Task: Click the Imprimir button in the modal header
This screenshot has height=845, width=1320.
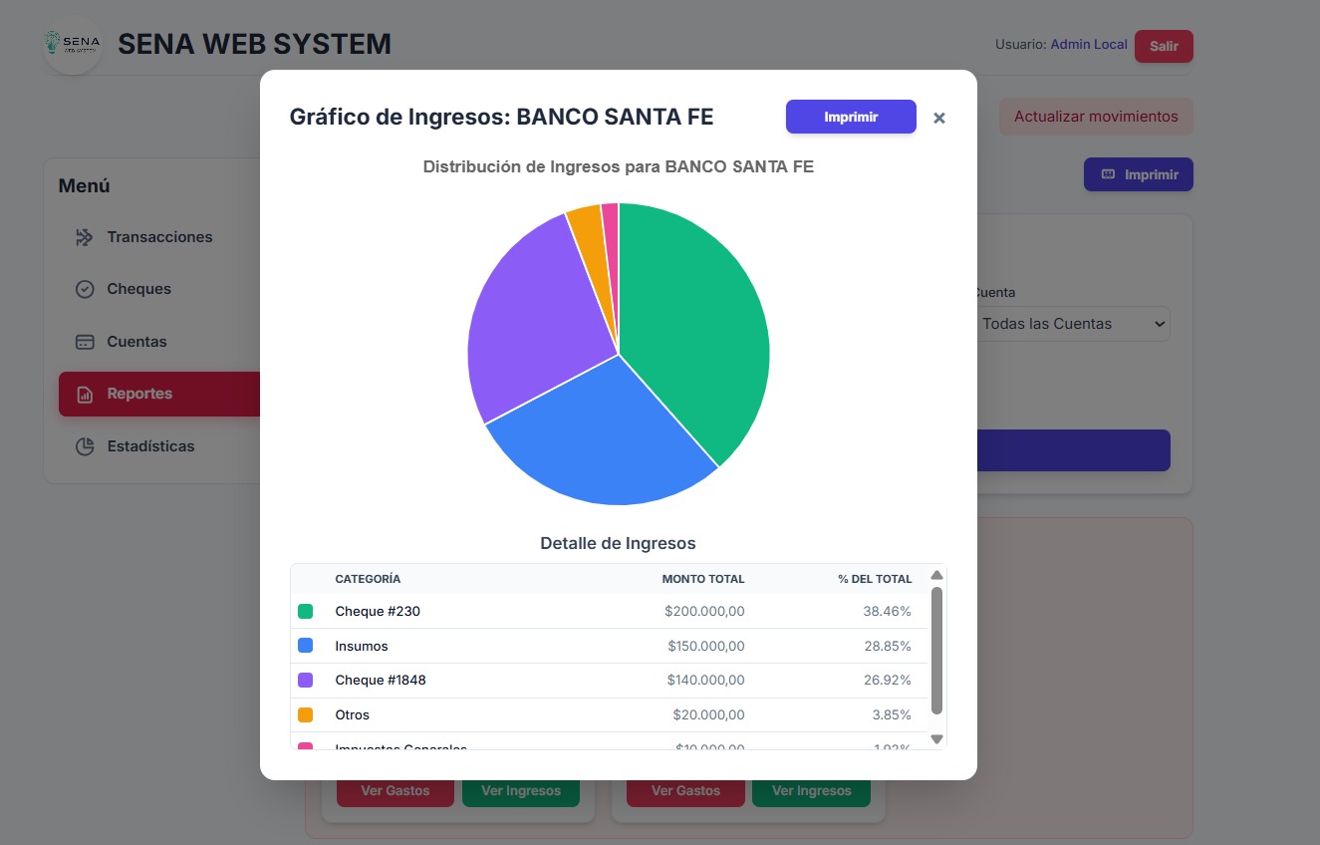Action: pyautogui.click(x=851, y=117)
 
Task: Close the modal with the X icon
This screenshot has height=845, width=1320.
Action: pyautogui.click(x=938, y=118)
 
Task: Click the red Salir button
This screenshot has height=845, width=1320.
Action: pyautogui.click(x=1163, y=46)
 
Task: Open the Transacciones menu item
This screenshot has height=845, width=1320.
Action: pyautogui.click(x=159, y=237)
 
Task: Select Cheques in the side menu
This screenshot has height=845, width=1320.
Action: pyautogui.click(x=138, y=289)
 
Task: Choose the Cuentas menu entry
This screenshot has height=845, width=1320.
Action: pyautogui.click(x=136, y=342)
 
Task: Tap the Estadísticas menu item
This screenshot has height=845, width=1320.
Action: pyautogui.click(x=150, y=446)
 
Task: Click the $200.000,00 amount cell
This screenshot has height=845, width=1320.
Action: pyautogui.click(x=704, y=611)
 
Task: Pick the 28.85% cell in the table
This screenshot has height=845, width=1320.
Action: pyautogui.click(x=887, y=646)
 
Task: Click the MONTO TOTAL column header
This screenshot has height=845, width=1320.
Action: pyautogui.click(x=702, y=579)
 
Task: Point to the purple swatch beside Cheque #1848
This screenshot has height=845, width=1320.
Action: pyautogui.click(x=306, y=680)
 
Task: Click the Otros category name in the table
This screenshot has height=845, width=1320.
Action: pyautogui.click(x=352, y=714)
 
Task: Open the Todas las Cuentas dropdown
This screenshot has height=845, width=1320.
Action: pyautogui.click(x=1072, y=324)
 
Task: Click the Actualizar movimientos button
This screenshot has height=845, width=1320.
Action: pyautogui.click(x=1095, y=117)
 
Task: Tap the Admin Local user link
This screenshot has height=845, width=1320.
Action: pyautogui.click(x=1088, y=45)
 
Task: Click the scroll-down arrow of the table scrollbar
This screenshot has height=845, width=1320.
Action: pyautogui.click(x=936, y=738)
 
